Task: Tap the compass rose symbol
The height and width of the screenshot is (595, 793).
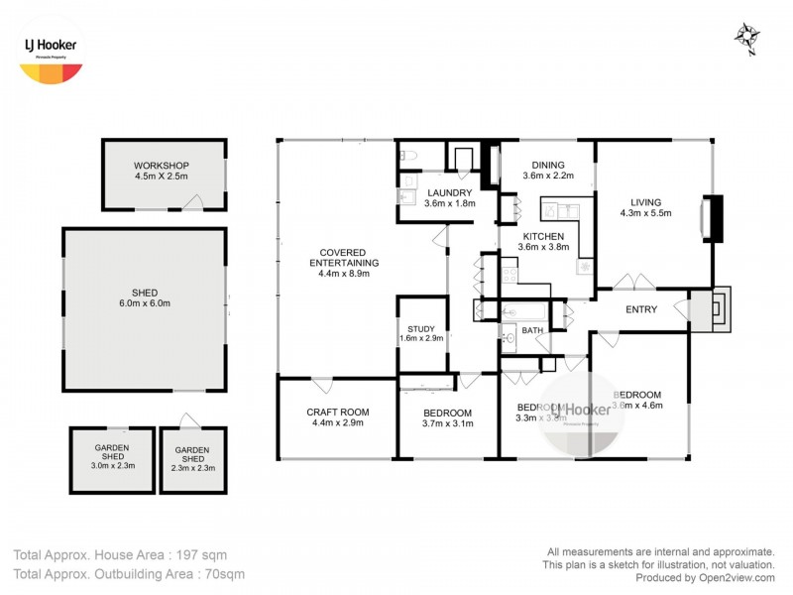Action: (745, 39)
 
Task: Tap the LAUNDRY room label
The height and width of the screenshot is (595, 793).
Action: (450, 198)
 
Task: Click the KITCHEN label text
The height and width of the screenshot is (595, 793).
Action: (545, 241)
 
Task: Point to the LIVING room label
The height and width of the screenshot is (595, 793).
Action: (645, 206)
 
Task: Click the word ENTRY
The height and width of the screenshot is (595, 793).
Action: (641, 309)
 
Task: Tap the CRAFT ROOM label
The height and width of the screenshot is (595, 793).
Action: (336, 417)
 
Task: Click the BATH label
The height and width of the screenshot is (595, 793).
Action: (532, 330)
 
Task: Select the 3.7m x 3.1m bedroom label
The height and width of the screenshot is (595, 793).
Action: (447, 417)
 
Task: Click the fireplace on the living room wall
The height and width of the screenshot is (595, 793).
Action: (713, 218)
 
